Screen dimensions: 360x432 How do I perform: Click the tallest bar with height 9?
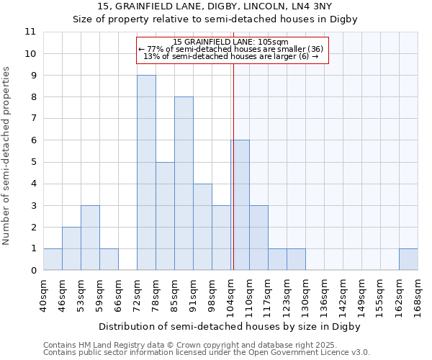[146, 173]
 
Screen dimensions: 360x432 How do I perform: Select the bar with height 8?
[184, 184]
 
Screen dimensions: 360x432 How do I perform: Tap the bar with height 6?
[240, 205]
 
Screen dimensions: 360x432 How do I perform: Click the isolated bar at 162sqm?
[408, 259]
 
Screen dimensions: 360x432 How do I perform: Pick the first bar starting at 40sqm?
[53, 259]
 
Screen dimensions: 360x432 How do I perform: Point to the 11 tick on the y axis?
[30, 32]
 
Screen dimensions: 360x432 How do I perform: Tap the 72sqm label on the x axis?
[138, 295]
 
